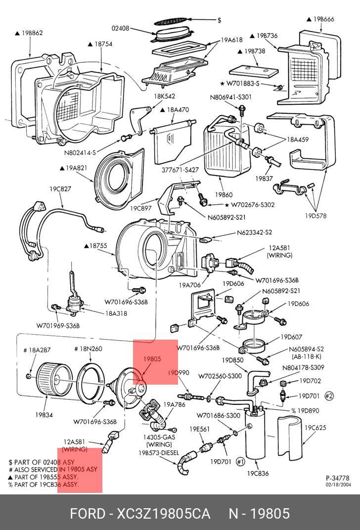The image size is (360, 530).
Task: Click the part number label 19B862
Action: pos(31,33)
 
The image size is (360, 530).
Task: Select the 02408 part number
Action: pos(120,29)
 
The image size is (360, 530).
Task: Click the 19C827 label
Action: pos(60,188)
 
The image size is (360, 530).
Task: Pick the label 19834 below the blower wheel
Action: pos(44,415)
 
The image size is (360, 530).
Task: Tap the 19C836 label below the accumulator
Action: pos(258,473)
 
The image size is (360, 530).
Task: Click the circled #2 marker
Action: pos(329,396)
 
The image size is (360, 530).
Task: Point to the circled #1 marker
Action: pos(240,462)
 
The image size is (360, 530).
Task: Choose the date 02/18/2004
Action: pos(338,485)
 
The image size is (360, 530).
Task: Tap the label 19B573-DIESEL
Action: pos(158,452)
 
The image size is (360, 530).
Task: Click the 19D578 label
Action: pos(315,216)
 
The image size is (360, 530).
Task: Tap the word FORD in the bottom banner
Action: pos(87,513)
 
